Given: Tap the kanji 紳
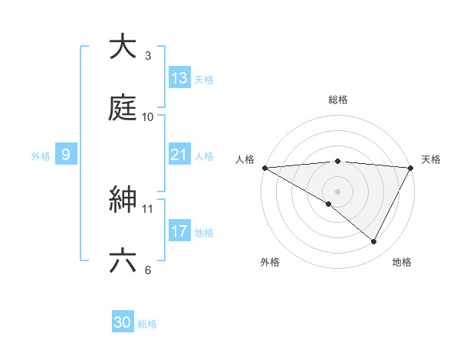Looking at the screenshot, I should tap(123, 200).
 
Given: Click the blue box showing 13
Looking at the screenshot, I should tap(179, 78).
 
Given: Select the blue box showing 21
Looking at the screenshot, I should tap(179, 155).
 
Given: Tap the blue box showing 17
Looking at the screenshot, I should tap(179, 231).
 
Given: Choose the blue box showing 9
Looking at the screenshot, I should tap(66, 155).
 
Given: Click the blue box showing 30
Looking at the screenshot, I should tap(123, 322).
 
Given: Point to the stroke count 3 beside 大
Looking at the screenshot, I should tap(148, 55).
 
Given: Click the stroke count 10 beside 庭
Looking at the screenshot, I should tap(148, 116).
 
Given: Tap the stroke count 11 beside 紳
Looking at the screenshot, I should tap(148, 208).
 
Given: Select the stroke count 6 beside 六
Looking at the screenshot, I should tap(148, 270).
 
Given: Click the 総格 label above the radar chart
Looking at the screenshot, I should tap(337, 100).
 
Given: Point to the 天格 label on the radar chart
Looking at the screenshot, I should tap(431, 159).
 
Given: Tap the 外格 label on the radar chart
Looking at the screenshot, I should tap(270, 262).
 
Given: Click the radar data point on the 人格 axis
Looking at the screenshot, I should tap(264, 167).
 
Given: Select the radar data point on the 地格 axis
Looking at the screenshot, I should tap(374, 242).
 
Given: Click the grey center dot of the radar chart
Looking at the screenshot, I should tap(337, 191).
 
